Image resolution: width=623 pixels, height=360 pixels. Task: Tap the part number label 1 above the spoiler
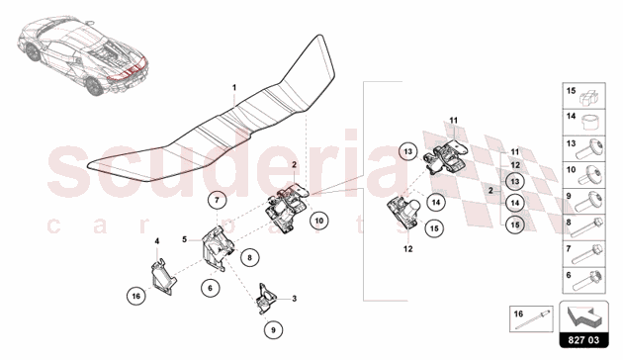(234, 87)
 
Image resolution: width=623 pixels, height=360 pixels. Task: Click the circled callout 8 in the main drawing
(250, 257)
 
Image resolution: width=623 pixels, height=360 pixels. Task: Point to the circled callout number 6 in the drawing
(211, 287)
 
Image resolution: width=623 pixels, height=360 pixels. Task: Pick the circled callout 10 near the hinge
(318, 221)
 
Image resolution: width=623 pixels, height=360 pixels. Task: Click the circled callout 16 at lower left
(136, 294)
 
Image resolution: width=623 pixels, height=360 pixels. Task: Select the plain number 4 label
(155, 240)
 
